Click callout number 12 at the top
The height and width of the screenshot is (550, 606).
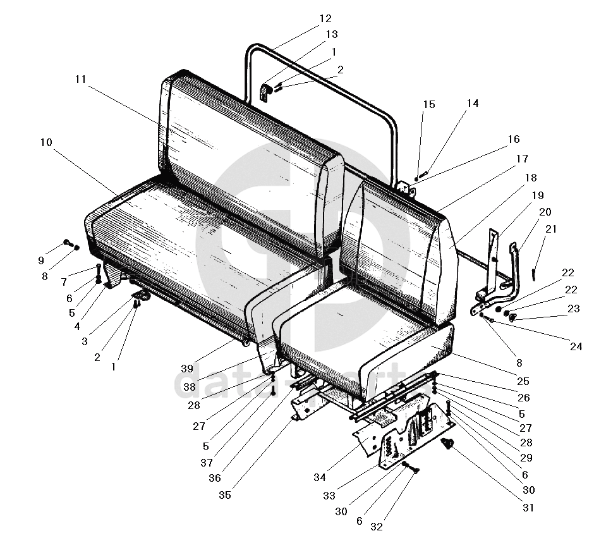coord(325,19)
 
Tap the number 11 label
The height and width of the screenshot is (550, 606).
coord(80,79)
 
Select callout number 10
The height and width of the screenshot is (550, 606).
coord(45,142)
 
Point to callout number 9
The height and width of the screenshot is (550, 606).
coord(41,260)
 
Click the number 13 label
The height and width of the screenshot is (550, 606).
coord(331,34)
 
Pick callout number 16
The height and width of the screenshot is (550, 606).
coord(513,139)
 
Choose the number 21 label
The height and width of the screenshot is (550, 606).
coord(551,229)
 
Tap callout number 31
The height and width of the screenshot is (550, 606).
coord(528,507)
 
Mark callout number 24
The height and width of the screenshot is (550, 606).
coord(576,346)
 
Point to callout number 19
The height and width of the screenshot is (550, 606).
coord(537,195)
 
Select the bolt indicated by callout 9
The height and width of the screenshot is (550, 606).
coord(68,243)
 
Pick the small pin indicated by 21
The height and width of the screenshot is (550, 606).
coord(535,272)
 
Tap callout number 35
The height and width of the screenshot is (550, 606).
coord(225,495)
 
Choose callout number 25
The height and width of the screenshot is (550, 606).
coord(522,381)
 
